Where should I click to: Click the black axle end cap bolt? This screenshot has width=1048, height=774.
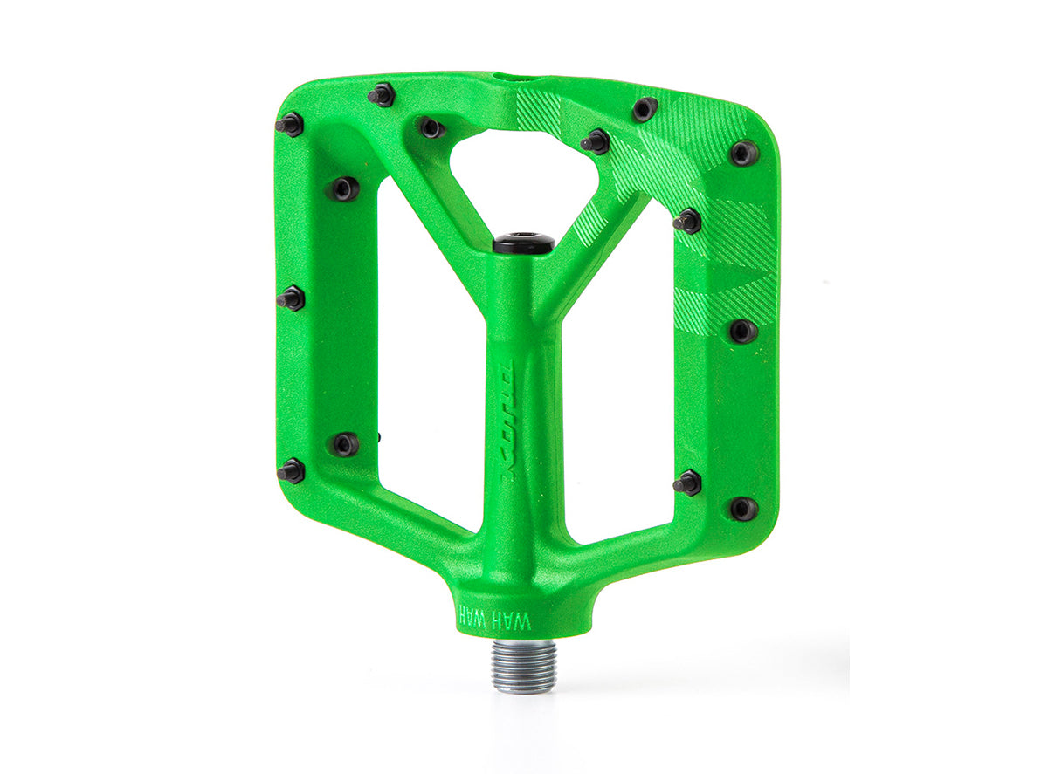524,243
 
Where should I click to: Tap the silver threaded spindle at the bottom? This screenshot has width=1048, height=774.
524,665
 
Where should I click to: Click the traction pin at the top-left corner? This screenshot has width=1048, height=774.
289,125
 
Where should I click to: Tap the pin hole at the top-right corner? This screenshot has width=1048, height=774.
744,153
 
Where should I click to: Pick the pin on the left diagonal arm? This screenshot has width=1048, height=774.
431,127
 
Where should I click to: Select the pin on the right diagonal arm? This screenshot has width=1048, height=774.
596,140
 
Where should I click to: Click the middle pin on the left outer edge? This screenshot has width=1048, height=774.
291,298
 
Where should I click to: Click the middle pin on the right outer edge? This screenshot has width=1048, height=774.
743,331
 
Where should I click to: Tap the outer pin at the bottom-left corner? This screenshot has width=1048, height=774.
291,472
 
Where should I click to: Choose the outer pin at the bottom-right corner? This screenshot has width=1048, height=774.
743,509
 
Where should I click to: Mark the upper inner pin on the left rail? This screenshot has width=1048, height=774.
344,188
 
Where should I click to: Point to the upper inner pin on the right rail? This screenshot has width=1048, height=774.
687,221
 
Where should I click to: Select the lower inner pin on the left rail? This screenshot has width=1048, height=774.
344,444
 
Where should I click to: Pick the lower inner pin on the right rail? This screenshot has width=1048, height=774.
687,482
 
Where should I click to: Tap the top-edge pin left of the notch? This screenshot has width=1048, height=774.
381,95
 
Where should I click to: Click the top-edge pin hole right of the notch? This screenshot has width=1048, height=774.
645,109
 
